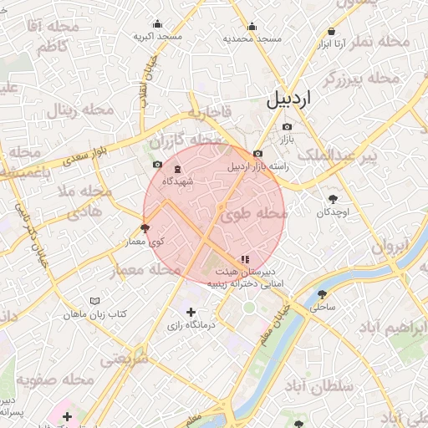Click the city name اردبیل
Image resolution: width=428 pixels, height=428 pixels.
(288, 99)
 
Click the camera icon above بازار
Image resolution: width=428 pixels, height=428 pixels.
(287, 125)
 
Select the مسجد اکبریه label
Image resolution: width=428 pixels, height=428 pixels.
(159, 38)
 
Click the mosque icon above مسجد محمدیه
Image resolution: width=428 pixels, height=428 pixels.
(249, 25)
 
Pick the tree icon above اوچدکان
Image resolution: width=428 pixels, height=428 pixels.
(334, 199)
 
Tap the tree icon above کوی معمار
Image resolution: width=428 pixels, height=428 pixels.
(145, 227)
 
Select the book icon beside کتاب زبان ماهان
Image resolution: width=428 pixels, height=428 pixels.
(95, 301)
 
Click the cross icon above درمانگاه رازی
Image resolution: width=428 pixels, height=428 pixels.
(191, 312)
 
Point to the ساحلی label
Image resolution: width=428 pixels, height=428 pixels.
(322, 307)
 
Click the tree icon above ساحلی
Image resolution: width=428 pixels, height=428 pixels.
(323, 294)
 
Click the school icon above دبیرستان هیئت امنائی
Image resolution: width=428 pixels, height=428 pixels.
(244, 260)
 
